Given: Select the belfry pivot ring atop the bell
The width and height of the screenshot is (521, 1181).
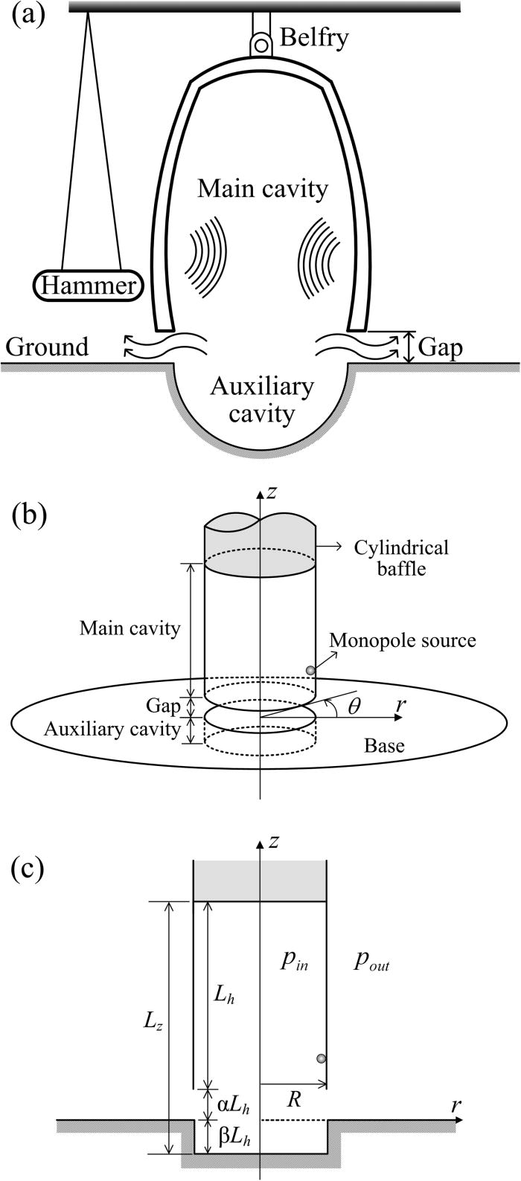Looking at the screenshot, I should (x=260, y=45).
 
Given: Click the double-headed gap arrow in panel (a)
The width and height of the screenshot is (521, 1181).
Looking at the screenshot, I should (x=408, y=347).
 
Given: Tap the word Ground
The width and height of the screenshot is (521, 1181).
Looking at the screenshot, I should (x=46, y=347).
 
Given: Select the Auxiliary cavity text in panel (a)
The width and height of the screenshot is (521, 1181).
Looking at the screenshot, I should (x=261, y=400).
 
